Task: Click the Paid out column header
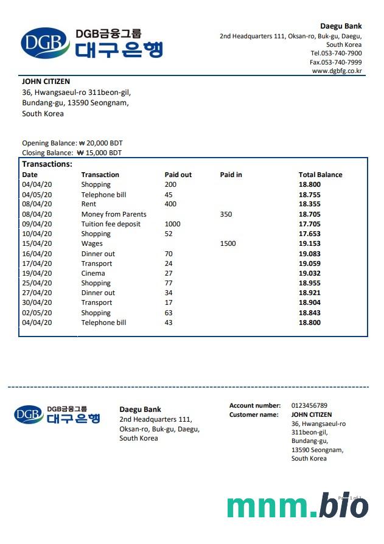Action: coord(178,175)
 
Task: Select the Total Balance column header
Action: coord(320,175)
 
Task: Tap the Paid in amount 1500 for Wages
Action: coord(228,243)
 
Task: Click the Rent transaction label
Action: coord(88,204)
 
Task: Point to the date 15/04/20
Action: coord(37,243)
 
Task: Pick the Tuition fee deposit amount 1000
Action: coord(172,224)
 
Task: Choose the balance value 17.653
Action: coord(309,234)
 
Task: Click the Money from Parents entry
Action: coord(114,214)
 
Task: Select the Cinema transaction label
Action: coord(93,273)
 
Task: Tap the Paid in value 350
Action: coord(226,214)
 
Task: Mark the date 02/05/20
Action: coord(37,313)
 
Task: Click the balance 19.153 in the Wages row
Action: coord(309,243)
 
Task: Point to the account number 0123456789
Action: coord(309,405)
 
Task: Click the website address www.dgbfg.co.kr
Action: coord(337,71)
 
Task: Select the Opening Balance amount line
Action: coord(72,143)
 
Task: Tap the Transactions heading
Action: coord(47,164)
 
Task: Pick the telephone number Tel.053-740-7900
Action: coord(336,53)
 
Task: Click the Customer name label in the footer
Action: coord(254,415)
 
